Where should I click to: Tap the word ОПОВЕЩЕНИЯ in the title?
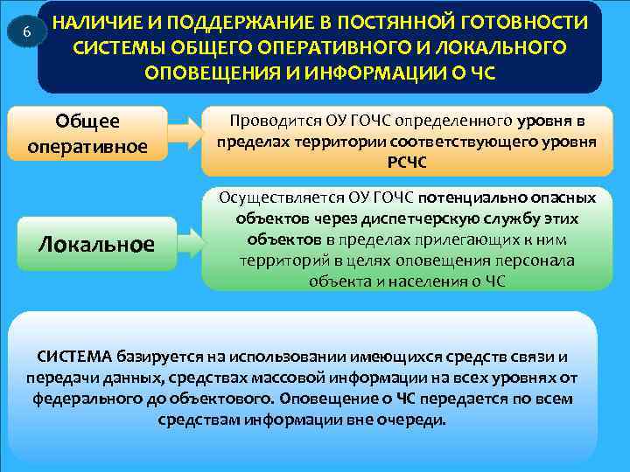(204, 71)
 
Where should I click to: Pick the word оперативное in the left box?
(87, 145)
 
